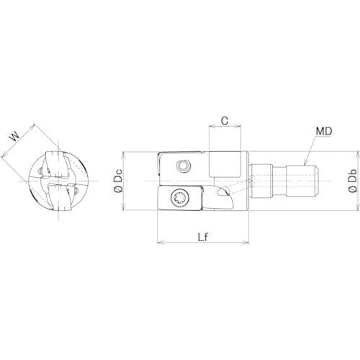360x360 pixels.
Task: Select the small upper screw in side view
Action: pos(186,166)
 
